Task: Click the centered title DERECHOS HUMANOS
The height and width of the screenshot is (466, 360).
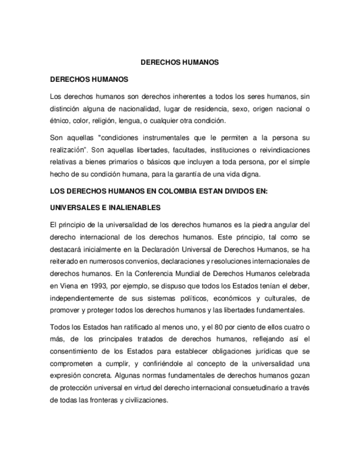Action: pyautogui.click(x=180, y=63)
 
